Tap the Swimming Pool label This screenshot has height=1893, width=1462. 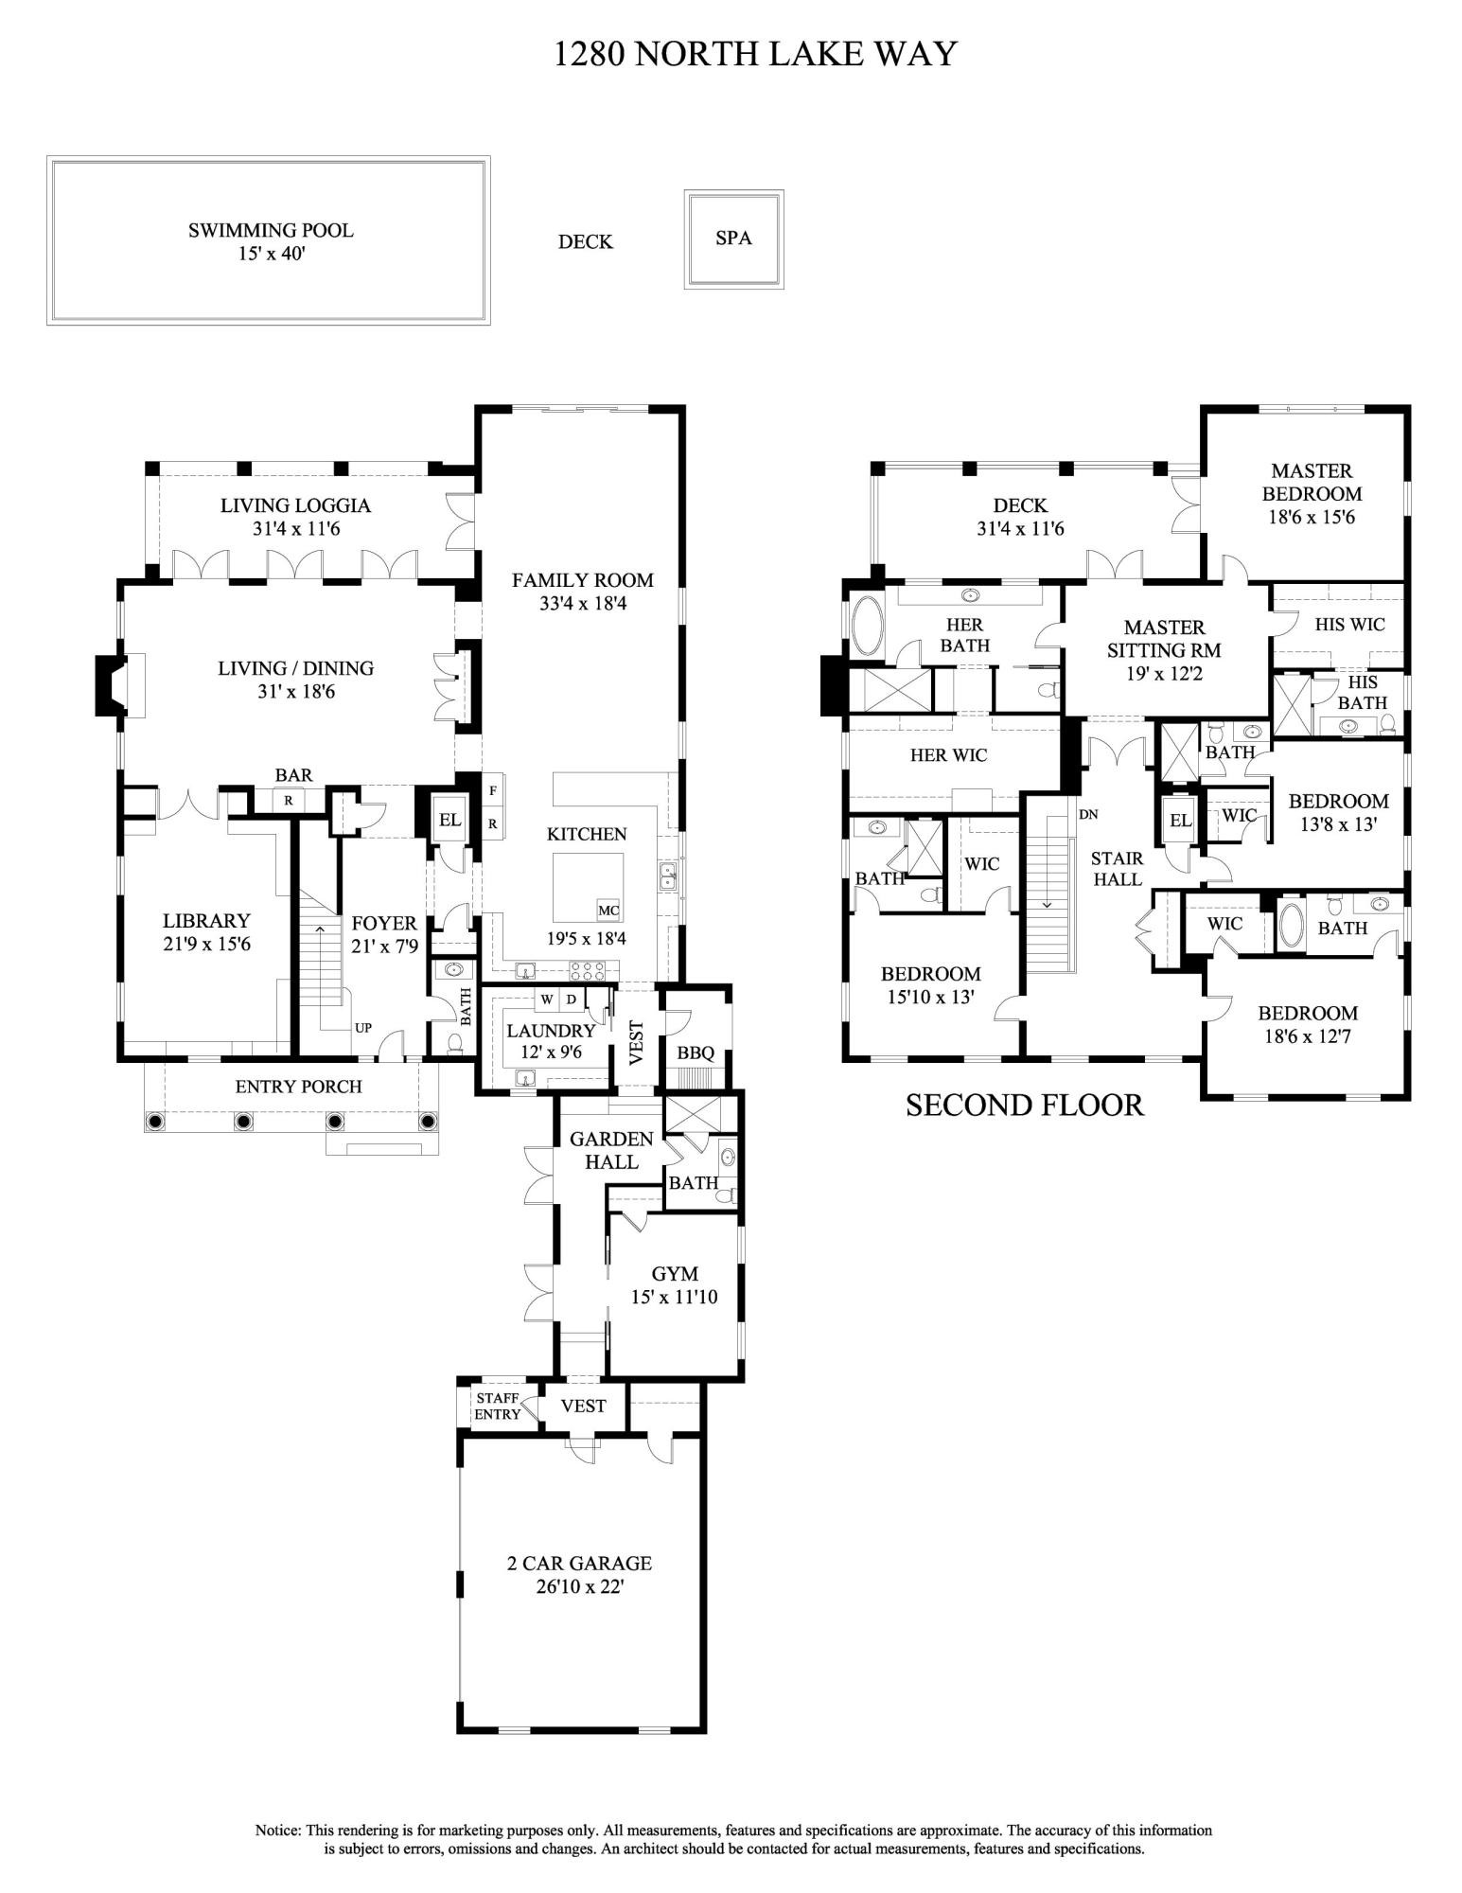(271, 230)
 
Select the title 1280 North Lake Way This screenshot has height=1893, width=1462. (755, 54)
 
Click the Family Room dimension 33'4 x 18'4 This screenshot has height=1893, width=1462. (583, 603)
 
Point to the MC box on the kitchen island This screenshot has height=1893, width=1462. (608, 911)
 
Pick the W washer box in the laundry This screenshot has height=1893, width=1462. (547, 999)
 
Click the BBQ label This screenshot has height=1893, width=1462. (696, 1053)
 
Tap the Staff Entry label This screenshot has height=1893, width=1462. (498, 1406)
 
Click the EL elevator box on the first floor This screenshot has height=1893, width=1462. (449, 820)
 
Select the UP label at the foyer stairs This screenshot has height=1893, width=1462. (363, 1028)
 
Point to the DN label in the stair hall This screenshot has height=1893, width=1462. (1088, 814)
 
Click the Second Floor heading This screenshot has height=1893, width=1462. (1025, 1105)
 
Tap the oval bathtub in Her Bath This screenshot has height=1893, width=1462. (865, 626)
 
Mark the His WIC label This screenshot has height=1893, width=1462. (1349, 625)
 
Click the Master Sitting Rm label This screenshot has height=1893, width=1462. (1164, 639)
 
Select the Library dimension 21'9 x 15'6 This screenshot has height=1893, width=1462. (206, 944)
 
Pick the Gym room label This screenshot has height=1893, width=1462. (675, 1273)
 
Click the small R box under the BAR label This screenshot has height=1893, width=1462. (288, 800)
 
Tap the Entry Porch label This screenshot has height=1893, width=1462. (299, 1087)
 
